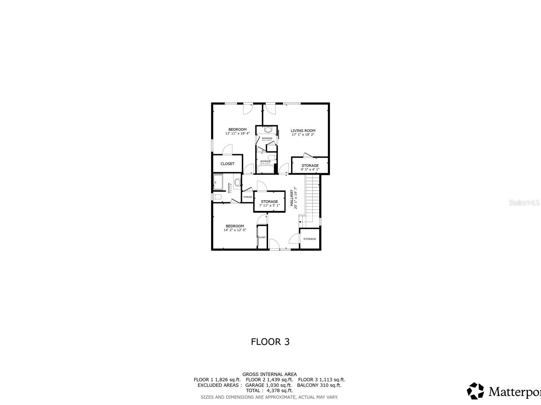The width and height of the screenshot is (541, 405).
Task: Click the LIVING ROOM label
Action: tap(303, 131)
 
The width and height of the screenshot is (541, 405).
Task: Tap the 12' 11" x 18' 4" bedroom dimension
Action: tap(237, 134)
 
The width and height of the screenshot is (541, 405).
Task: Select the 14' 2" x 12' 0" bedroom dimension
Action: tap(235, 230)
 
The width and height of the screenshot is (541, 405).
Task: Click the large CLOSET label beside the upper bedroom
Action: tap(227, 164)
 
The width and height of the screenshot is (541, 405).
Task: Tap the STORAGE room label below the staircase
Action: tap(309, 239)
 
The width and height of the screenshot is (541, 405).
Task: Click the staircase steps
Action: tap(312, 196)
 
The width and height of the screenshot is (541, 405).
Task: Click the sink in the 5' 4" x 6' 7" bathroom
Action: tap(268, 130)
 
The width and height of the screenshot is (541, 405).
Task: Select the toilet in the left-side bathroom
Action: tap(217, 197)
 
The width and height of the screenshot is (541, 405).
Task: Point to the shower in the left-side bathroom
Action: tap(218, 183)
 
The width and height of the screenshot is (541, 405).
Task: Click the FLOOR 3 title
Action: tap(270, 342)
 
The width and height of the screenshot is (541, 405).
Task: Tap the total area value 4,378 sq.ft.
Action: tap(280, 390)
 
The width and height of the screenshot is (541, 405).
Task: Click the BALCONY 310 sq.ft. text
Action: tap(319, 385)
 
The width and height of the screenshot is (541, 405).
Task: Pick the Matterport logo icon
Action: tap(475, 391)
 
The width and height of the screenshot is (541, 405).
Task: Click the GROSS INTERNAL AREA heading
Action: tap(269, 374)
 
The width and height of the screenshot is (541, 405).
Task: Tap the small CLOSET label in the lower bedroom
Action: tap(262, 237)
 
